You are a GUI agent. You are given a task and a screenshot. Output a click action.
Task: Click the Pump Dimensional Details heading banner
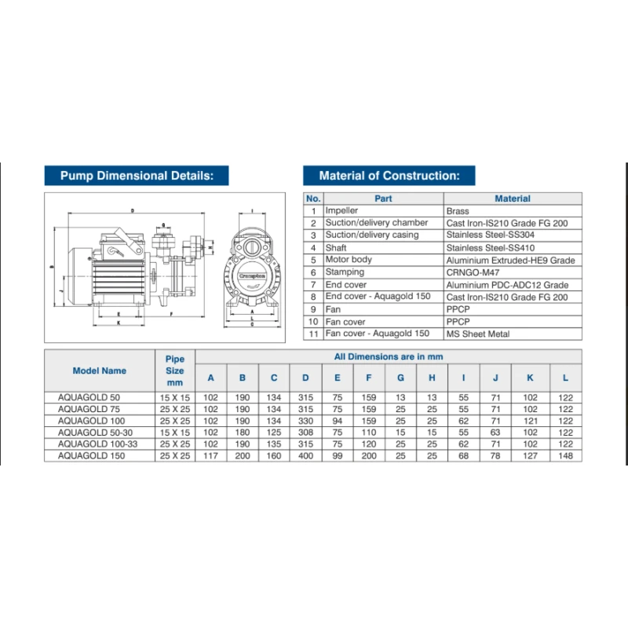[137, 176]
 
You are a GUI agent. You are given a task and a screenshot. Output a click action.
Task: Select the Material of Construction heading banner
[389, 176]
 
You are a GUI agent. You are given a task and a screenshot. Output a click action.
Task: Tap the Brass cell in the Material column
[458, 211]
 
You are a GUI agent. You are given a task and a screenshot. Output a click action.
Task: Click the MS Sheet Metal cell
[478, 334]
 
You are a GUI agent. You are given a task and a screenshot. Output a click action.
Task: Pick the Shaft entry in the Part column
[337, 247]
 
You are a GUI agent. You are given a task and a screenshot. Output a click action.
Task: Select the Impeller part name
[341, 211]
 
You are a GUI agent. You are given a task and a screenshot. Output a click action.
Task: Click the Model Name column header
[99, 371]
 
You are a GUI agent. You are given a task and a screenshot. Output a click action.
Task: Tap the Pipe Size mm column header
[175, 371]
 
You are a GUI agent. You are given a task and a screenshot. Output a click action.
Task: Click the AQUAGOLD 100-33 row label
[94, 444]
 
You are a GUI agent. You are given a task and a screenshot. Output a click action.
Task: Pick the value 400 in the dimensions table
[305, 455]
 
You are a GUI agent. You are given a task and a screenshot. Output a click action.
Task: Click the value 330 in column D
[305, 421]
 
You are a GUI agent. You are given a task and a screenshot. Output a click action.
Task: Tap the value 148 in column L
[565, 455]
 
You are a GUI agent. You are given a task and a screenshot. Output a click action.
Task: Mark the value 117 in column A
[210, 455]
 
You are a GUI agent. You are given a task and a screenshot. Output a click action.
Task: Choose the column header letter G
[400, 378]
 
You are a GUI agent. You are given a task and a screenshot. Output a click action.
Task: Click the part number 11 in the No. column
[313, 334]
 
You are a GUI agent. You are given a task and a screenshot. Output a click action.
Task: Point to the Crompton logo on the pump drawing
[250, 276]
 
